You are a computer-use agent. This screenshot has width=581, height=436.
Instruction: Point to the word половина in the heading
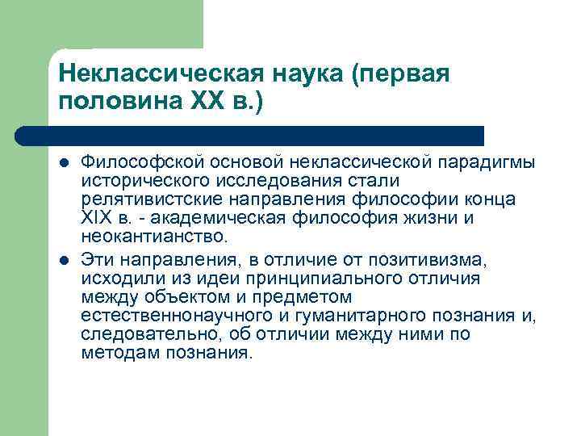111,103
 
